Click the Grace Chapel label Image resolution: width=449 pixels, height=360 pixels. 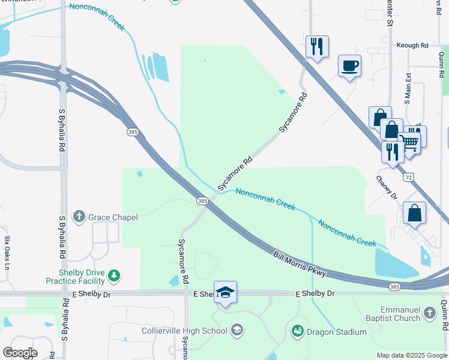click(x=113, y=217)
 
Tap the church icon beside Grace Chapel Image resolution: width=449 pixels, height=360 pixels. click(x=79, y=216)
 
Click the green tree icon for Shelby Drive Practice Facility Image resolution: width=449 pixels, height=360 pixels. click(x=114, y=277)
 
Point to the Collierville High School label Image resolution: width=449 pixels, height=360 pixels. click(x=184, y=331)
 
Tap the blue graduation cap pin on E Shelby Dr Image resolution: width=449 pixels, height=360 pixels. click(x=225, y=292)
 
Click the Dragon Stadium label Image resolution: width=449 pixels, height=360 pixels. click(x=336, y=332)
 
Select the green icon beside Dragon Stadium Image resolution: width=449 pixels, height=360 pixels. click(x=297, y=331)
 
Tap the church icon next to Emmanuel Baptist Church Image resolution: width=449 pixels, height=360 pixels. click(x=429, y=313)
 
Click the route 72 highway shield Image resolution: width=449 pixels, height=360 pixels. click(x=408, y=178)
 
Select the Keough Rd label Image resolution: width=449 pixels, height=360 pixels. click(x=412, y=45)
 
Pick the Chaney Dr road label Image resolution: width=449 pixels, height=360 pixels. click(x=387, y=188)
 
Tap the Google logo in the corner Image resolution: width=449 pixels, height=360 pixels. click(x=20, y=352)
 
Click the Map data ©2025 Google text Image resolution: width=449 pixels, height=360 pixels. click(x=411, y=355)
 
